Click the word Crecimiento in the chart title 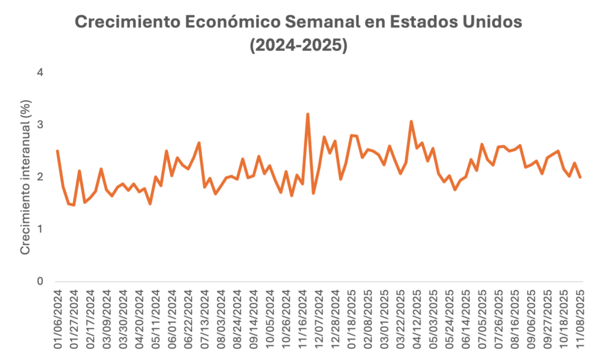coord(121,23)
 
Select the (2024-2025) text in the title coord(299,45)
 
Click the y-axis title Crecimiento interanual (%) coord(25,177)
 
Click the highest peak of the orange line coord(308,114)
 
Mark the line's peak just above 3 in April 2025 coord(411,121)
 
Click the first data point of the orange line coord(57,151)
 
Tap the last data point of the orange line coord(580,177)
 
